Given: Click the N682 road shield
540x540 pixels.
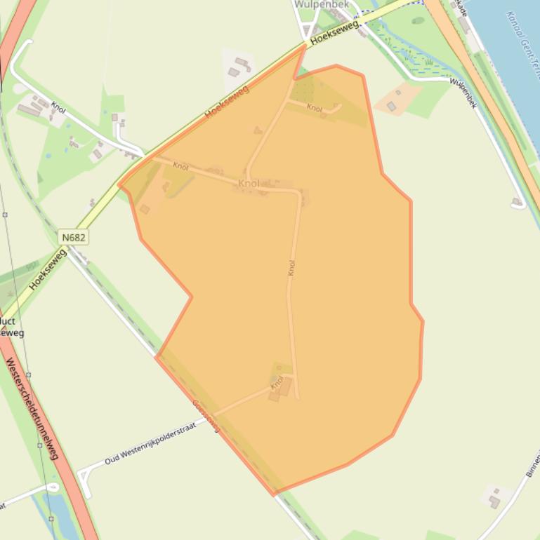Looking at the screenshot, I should pyautogui.click(x=73, y=237).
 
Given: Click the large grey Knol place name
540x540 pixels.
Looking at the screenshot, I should pyautogui.click(x=249, y=184).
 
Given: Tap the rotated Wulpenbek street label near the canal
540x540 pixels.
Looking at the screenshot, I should pyautogui.click(x=464, y=93).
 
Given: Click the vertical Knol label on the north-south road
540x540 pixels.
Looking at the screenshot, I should pyautogui.click(x=291, y=269).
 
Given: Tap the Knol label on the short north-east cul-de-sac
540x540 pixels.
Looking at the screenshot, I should pyautogui.click(x=315, y=108).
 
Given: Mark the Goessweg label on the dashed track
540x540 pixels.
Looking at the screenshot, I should pyautogui.click(x=206, y=415).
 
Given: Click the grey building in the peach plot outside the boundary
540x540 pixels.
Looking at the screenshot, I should pyautogui.click(x=391, y=107).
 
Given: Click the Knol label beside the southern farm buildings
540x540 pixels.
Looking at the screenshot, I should pyautogui.click(x=277, y=383).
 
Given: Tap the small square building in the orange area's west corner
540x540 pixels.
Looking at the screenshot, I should pyautogui.click(x=145, y=209).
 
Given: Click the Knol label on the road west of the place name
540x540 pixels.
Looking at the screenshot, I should pyautogui.click(x=181, y=167).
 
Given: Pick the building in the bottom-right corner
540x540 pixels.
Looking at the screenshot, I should pyautogui.click(x=494, y=501).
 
